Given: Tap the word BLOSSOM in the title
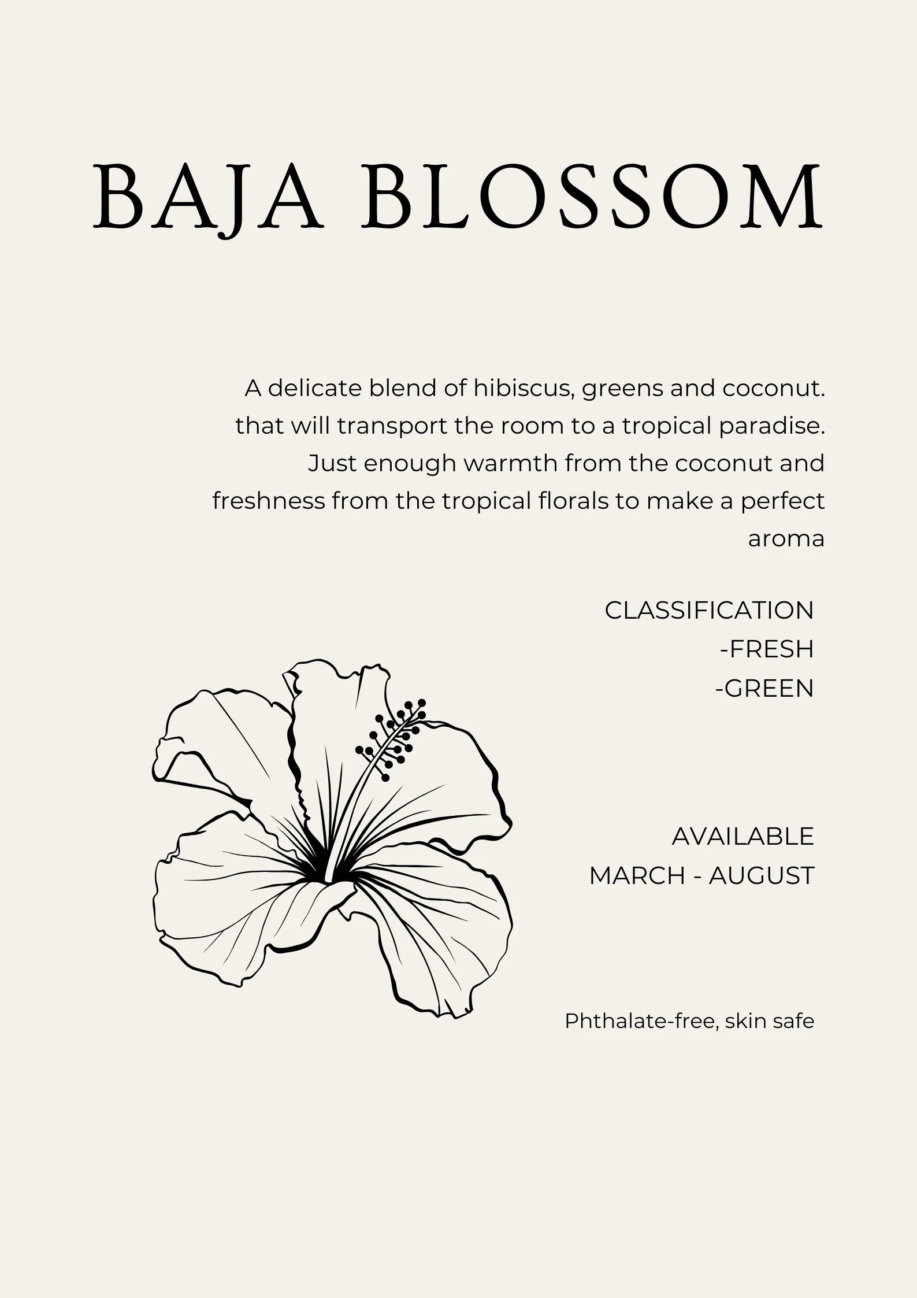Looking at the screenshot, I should [592, 197].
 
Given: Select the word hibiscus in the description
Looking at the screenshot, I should [522, 389].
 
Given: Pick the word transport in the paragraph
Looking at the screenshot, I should [393, 426].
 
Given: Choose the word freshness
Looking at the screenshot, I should [269, 501].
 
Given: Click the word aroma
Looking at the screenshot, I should [786, 539].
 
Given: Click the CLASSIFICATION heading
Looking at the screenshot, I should [709, 611].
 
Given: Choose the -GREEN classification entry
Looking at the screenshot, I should [764, 688].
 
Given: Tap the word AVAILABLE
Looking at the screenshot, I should [742, 837].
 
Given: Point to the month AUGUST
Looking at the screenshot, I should [761, 876].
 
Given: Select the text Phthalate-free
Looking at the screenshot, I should [641, 1022].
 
